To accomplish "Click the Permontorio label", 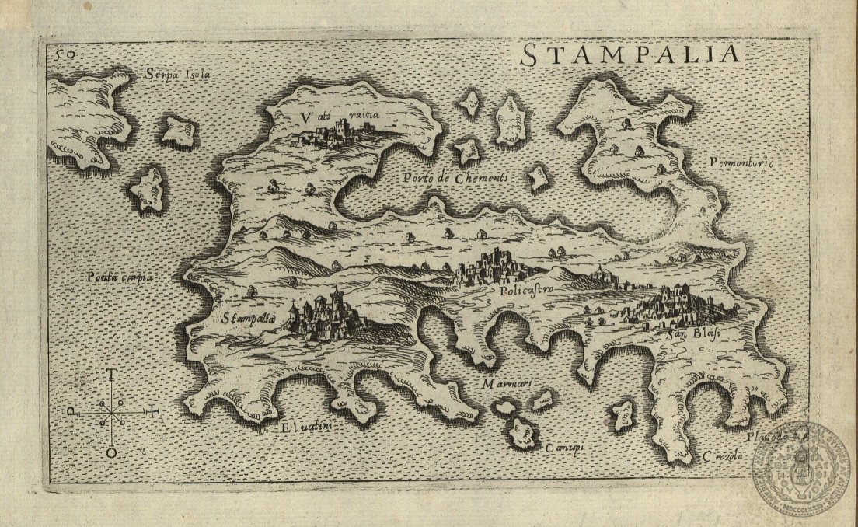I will [741, 162].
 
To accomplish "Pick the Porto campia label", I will [120, 276].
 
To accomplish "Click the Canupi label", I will [564, 448].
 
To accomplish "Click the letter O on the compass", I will [113, 452].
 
